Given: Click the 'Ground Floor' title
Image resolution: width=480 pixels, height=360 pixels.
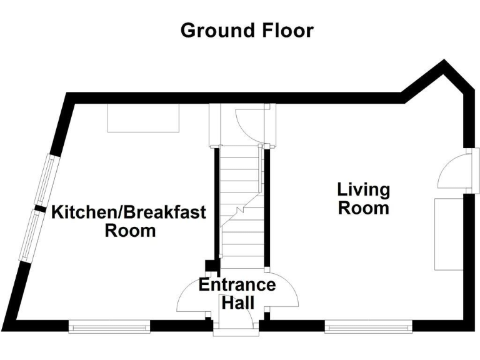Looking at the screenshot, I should [247, 30].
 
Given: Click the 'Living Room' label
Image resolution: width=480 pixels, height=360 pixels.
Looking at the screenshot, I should [363, 198].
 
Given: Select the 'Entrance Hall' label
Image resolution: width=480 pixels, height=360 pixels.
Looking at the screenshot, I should [237, 294].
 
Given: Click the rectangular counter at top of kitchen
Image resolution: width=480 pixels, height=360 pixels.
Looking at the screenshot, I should [144, 117].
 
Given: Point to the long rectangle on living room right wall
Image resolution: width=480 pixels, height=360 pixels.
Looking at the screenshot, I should [448, 234].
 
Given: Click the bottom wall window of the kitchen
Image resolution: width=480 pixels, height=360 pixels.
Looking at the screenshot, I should [109, 324].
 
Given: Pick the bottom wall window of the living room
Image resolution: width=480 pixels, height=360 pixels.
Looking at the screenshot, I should [368, 324].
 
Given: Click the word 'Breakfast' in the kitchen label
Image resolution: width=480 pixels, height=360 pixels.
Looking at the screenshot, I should [170, 212].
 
